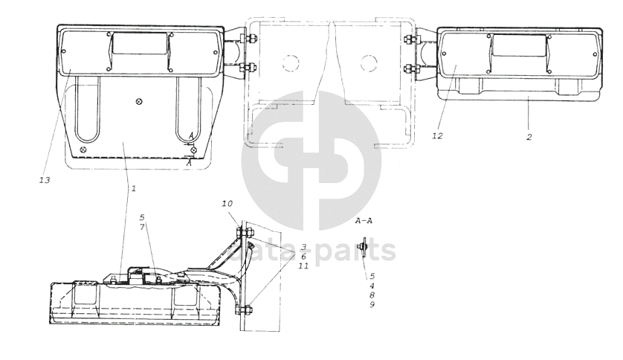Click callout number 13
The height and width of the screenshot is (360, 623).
pyautogui.click(x=45, y=180)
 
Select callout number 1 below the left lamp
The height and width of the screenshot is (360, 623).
pyautogui.click(x=134, y=188)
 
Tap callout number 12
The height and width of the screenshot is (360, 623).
pyautogui.click(x=437, y=136)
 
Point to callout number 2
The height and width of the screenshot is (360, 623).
pyautogui.click(x=529, y=137)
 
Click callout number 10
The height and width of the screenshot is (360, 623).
pyautogui.click(x=227, y=204)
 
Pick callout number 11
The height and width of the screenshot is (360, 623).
pyautogui.click(x=303, y=266)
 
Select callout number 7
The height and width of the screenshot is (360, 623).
pyautogui.click(x=142, y=227)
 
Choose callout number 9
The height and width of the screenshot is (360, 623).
pyautogui.click(x=372, y=305)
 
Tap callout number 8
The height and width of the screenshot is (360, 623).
pyautogui.click(x=372, y=295)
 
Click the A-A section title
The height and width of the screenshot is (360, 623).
pyautogui.click(x=364, y=221)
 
